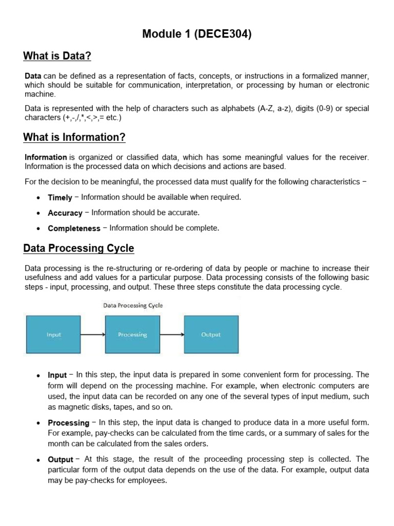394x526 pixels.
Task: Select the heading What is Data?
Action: (x=56, y=55)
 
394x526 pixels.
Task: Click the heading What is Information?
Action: (x=74, y=138)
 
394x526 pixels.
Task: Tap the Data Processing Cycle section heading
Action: (x=78, y=248)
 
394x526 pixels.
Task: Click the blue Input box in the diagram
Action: (x=53, y=334)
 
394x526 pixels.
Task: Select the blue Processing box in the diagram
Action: (x=132, y=334)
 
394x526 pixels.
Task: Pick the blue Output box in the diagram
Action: (x=211, y=334)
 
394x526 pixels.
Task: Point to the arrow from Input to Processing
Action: (x=93, y=335)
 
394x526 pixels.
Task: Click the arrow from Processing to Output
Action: (x=172, y=335)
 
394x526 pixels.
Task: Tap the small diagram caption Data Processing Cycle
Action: (x=133, y=305)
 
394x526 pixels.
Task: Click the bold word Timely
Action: (x=60, y=198)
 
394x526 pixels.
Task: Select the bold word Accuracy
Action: (x=65, y=213)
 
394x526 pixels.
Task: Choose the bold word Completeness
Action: (x=74, y=229)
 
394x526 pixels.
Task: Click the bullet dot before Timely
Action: (x=39, y=198)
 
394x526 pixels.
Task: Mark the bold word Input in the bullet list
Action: (x=57, y=375)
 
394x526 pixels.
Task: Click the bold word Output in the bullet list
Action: (x=61, y=460)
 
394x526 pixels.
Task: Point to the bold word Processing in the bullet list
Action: (x=68, y=423)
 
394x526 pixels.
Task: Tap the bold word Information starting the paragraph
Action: (x=46, y=157)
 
